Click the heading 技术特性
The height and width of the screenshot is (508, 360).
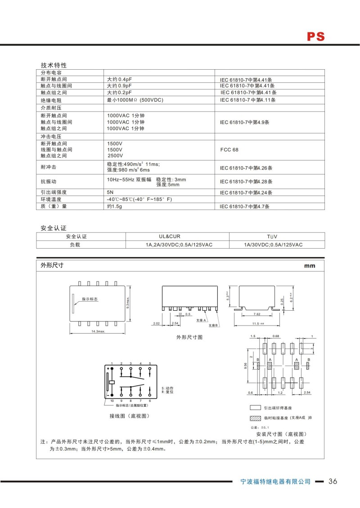point(54,65)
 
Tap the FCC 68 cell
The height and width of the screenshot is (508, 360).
point(229,150)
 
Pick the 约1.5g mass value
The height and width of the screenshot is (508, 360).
point(115,206)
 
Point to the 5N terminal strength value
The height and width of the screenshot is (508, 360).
point(110,192)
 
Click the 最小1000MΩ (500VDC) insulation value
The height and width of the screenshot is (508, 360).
point(135,100)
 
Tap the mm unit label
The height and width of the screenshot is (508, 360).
point(310,266)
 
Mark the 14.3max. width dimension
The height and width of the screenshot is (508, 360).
point(98,331)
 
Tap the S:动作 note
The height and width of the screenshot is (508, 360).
point(167,388)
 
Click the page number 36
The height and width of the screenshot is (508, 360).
point(333,481)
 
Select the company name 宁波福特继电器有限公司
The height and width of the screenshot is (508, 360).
point(275,481)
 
